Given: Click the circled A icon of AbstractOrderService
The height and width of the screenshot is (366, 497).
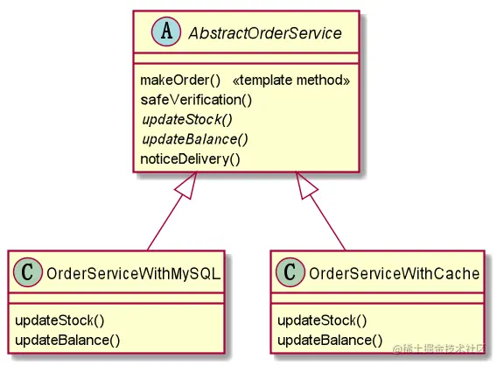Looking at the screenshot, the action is pyautogui.click(x=166, y=32).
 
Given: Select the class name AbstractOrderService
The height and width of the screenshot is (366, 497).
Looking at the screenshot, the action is pyautogui.click(x=265, y=33).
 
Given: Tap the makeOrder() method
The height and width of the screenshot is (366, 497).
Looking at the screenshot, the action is pyautogui.click(x=180, y=81).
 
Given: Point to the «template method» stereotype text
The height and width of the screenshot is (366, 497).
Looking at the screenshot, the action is pyautogui.click(x=291, y=81).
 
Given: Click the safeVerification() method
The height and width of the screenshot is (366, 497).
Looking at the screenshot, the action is pyautogui.click(x=196, y=100).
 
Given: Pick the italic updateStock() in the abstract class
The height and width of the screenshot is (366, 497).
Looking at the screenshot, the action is pyautogui.click(x=187, y=120).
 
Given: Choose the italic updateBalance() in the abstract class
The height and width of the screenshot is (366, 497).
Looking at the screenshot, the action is pyautogui.click(x=195, y=139).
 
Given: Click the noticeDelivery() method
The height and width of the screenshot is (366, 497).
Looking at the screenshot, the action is pyautogui.click(x=190, y=158).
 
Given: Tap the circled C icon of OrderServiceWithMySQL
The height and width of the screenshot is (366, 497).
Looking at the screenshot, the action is pyautogui.click(x=28, y=272).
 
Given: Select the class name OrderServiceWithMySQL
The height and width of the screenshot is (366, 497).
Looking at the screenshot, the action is pyautogui.click(x=134, y=273).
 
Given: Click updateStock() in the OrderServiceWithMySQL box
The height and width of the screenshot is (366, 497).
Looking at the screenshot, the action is pyautogui.click(x=59, y=320).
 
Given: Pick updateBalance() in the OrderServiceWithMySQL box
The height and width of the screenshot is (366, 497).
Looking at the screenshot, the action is pyautogui.click(x=67, y=340).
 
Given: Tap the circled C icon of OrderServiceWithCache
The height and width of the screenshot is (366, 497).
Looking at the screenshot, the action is pyautogui.click(x=290, y=272).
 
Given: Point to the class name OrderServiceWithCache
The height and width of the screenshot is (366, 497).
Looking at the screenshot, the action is pyautogui.click(x=395, y=273).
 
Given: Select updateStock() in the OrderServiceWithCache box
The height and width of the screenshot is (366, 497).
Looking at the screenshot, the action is pyautogui.click(x=322, y=320).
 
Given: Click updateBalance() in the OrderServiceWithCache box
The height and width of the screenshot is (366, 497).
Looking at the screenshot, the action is pyautogui.click(x=330, y=340).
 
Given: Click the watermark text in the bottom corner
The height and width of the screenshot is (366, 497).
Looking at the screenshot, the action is pyautogui.click(x=438, y=348).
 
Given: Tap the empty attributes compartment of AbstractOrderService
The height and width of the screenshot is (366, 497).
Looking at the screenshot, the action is pyautogui.click(x=246, y=59).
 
